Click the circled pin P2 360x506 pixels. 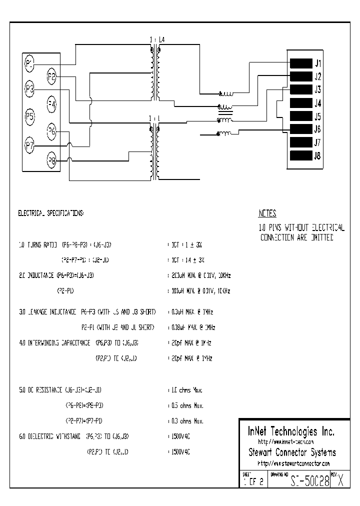click(x=51, y=76)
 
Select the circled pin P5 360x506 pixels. click(x=30, y=117)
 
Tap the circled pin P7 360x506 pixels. click(x=30, y=146)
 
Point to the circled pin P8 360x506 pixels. click(x=51, y=160)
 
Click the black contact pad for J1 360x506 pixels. click(x=301, y=63)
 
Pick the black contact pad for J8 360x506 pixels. click(x=301, y=155)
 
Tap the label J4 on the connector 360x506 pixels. click(x=317, y=103)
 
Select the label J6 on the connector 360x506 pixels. click(x=317, y=129)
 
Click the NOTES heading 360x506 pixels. click(x=267, y=213)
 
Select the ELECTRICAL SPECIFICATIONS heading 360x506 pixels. click(x=51, y=213)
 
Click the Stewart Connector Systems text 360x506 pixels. click(x=292, y=452)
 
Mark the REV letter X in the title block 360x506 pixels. click(x=340, y=481)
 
